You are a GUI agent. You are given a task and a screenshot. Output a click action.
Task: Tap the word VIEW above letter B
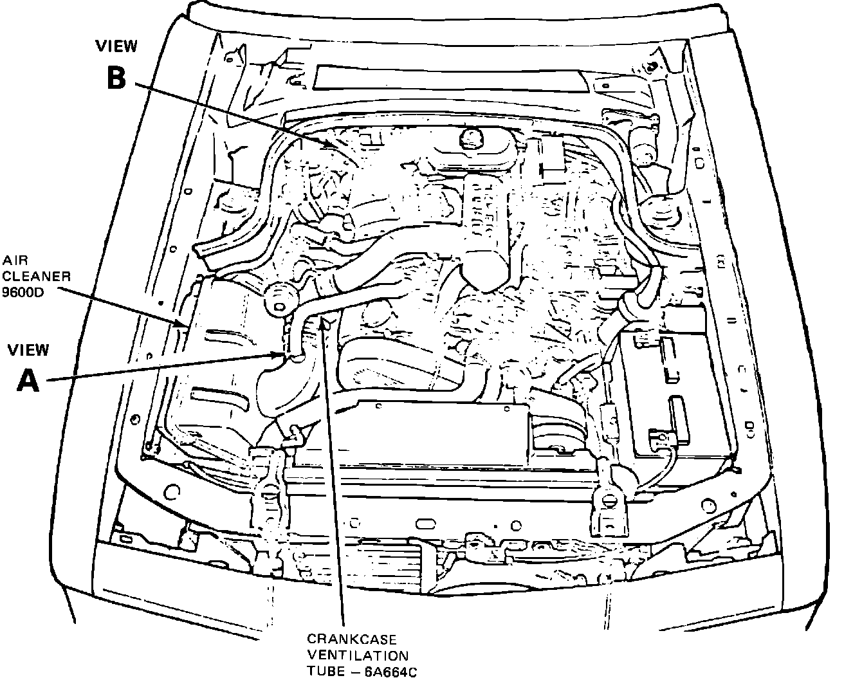pyautogui.click(x=116, y=46)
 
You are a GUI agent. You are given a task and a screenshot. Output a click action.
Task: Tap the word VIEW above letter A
pyautogui.click(x=28, y=350)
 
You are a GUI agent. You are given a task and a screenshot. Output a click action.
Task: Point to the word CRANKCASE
pyautogui.click(x=352, y=640)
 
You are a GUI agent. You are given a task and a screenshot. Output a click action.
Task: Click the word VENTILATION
pyautogui.click(x=358, y=655)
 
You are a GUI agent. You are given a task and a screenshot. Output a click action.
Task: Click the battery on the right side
pyautogui.click(x=675, y=392)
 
